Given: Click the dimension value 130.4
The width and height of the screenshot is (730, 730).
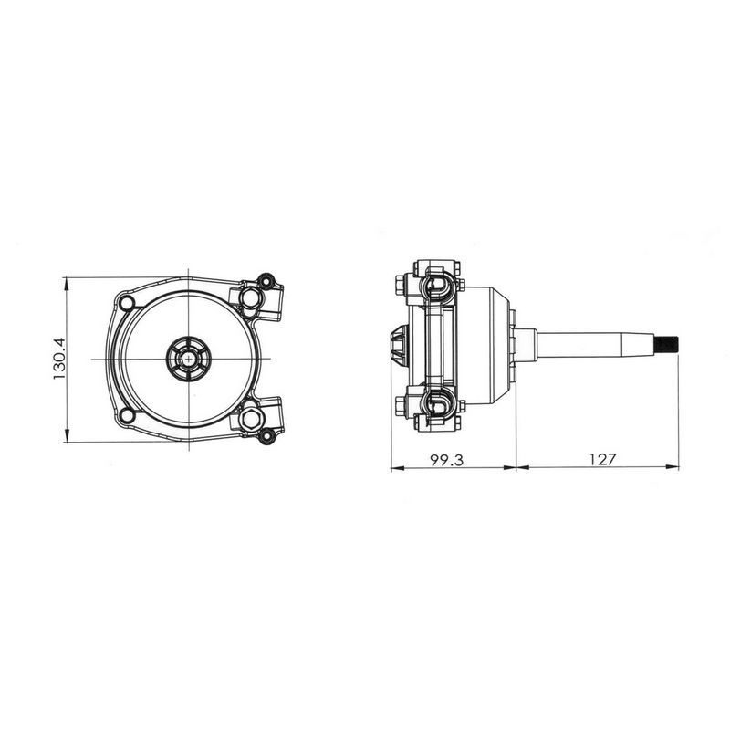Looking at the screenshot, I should click(x=58, y=359).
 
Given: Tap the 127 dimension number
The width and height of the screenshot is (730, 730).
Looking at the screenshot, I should click(x=600, y=460).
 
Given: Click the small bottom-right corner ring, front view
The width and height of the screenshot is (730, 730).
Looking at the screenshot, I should click(x=266, y=436).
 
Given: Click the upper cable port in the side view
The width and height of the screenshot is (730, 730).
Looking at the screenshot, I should click(x=437, y=287).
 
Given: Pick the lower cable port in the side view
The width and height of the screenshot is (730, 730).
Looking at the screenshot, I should click(x=437, y=404).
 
